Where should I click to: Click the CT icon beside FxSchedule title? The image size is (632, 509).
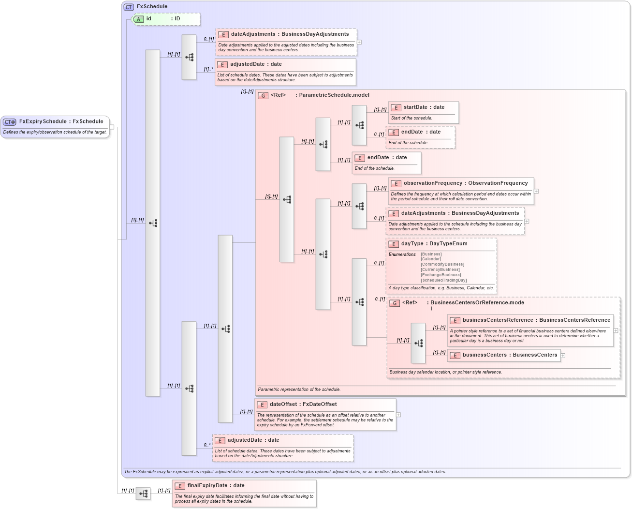click(x=129, y=7)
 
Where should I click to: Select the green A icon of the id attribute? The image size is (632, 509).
click(x=139, y=19)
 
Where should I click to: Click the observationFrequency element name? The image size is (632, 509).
click(x=433, y=183)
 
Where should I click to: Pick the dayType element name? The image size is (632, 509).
click(x=412, y=244)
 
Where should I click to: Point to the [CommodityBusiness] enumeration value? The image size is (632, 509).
click(x=442, y=264)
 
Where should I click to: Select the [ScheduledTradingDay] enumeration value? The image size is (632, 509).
click(x=443, y=280)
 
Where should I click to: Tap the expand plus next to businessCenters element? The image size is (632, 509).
click(x=563, y=356)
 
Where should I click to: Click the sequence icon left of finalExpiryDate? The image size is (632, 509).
click(x=143, y=494)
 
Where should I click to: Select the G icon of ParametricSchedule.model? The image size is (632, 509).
click(x=263, y=96)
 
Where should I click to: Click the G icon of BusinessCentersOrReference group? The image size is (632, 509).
click(x=395, y=303)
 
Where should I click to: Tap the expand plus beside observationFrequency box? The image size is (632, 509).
click(x=536, y=192)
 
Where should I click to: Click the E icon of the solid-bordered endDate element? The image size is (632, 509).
click(x=360, y=158)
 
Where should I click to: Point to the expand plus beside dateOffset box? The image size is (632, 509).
click(x=398, y=415)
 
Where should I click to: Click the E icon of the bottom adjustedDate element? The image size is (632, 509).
click(x=220, y=441)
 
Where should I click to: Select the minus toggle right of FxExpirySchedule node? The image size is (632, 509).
click(x=112, y=127)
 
